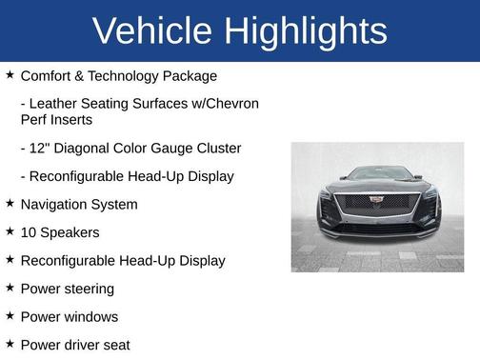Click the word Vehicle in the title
153,31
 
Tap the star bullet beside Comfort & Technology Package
10,74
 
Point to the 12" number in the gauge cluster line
40,149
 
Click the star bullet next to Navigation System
10,203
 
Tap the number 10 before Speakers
29,232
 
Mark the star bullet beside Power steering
10,287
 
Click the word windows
90,316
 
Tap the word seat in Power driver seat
115,345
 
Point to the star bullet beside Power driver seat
10,343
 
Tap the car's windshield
377,175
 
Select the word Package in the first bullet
190,75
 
